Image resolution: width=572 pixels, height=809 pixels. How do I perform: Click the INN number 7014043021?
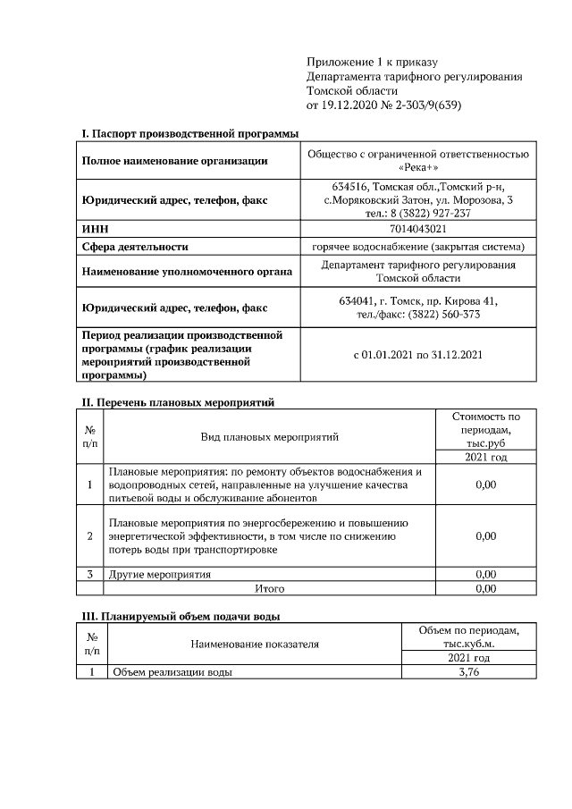point(418,230)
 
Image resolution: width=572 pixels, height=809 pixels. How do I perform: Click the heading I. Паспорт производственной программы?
point(189,133)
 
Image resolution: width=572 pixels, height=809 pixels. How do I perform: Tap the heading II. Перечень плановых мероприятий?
point(177,403)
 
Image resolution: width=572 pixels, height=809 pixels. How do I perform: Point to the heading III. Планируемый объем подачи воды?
point(181,616)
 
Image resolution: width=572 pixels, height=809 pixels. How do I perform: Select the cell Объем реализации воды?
point(170,672)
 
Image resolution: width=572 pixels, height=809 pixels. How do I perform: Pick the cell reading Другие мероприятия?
point(159,574)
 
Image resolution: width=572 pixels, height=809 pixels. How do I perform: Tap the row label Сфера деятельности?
point(134,247)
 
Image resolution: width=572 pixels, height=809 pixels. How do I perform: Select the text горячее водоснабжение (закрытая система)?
point(418,247)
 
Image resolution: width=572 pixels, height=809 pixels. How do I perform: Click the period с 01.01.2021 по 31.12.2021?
point(418,355)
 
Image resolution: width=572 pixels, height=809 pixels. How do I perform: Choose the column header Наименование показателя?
point(254,644)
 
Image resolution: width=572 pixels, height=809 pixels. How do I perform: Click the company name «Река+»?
point(418,168)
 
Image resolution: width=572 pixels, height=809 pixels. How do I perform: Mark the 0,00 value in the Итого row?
point(485,589)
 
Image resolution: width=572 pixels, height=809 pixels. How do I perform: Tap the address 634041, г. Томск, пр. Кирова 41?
point(418,300)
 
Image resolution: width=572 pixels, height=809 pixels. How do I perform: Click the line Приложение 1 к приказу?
point(372,62)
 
